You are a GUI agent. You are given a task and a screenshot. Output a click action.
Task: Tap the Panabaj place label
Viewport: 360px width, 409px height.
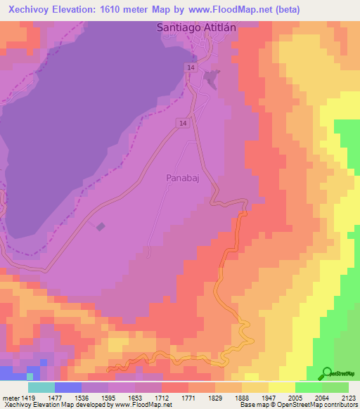coord(186,178)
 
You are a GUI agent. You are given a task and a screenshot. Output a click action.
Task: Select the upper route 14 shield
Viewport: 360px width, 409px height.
coord(191,67)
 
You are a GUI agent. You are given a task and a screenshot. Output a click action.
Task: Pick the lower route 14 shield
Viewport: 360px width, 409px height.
coord(182,123)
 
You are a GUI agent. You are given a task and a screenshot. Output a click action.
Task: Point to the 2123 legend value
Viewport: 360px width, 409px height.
coord(348,396)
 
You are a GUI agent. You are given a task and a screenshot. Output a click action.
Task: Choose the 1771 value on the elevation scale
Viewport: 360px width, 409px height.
coord(186,396)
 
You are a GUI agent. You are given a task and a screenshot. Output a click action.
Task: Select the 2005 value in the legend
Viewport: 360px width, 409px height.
coord(294,396)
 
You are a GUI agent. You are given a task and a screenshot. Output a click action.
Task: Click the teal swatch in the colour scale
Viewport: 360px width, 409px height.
coord(41,387)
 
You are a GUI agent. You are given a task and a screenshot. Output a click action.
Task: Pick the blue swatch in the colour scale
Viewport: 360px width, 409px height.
coord(67,387)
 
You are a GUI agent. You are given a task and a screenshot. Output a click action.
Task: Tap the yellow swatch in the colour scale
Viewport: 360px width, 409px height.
coord(281,387)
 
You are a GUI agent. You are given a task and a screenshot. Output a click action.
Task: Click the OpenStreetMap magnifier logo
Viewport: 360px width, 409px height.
coord(326,373)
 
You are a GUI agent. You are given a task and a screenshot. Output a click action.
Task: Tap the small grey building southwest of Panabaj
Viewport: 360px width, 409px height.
coord(100,226)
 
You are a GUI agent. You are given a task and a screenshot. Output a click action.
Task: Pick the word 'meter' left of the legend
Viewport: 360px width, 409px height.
coord(10,396)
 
